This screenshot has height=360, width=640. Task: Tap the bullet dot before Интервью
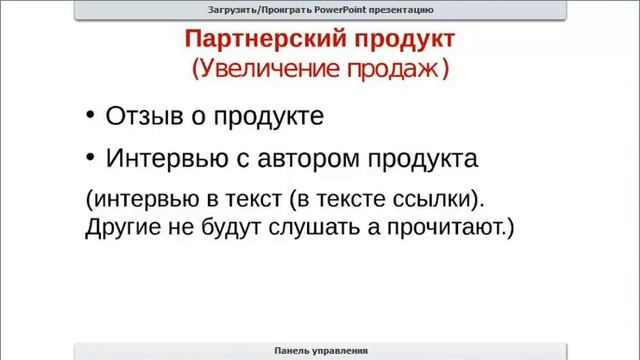point(91,157)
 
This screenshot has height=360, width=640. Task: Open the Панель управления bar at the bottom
point(320,350)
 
